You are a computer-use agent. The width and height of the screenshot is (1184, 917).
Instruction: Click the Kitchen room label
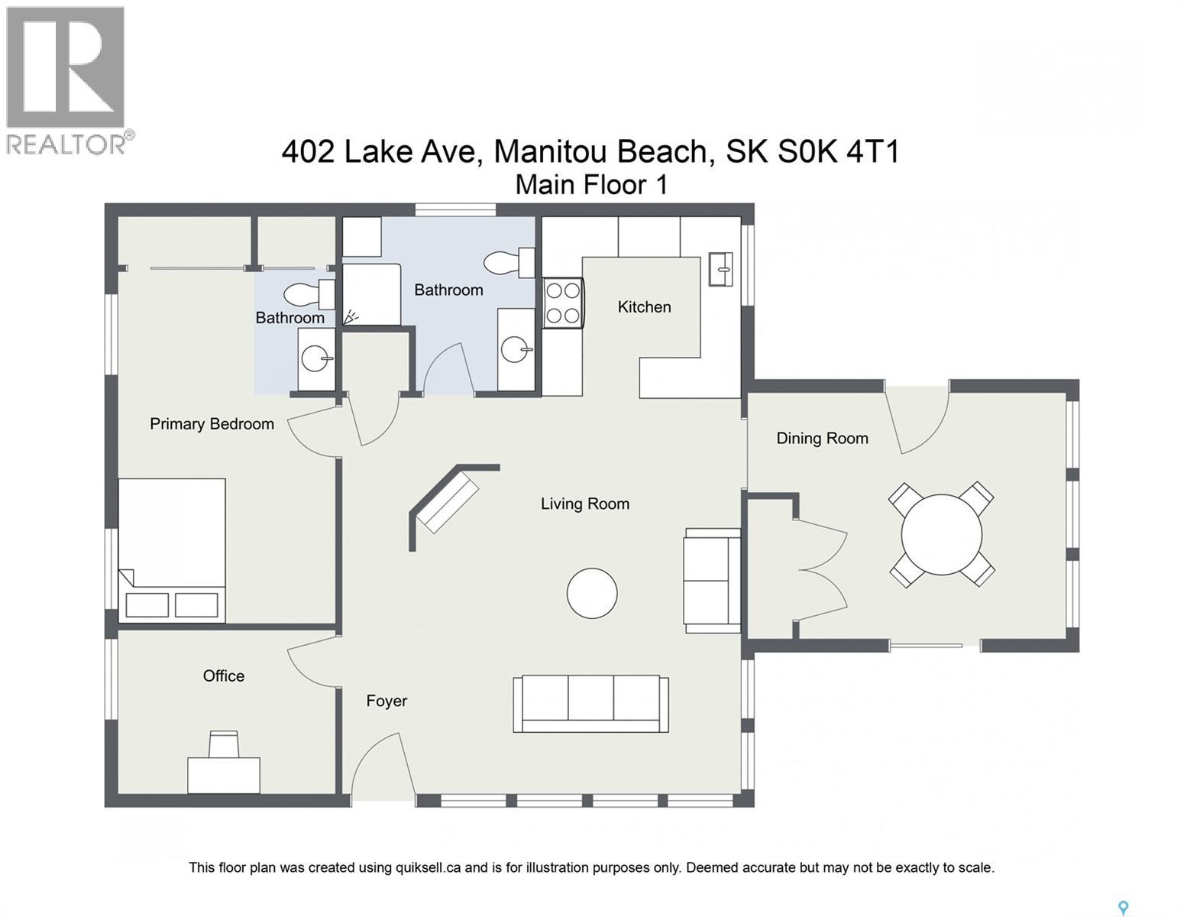click(x=644, y=306)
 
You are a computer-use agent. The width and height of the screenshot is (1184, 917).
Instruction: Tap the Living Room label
click(x=584, y=504)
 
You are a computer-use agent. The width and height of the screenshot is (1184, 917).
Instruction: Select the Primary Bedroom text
click(x=212, y=424)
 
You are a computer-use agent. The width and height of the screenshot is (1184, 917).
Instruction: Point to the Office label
click(x=223, y=676)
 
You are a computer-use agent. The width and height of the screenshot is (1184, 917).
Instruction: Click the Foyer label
click(x=387, y=701)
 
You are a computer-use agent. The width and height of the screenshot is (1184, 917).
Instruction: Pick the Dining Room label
click(x=822, y=438)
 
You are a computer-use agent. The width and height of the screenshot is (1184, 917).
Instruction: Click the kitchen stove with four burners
click(x=563, y=303)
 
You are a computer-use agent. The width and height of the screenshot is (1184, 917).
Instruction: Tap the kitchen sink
click(x=720, y=269)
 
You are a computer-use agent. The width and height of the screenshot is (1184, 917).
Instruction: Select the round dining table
click(x=942, y=534)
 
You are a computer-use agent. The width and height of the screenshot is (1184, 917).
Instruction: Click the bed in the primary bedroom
click(x=172, y=550)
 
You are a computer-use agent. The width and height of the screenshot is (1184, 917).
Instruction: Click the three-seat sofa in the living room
click(x=590, y=704)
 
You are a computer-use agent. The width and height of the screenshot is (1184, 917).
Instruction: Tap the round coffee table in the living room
click(x=592, y=593)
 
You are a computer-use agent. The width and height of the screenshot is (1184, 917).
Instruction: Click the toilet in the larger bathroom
click(x=509, y=263)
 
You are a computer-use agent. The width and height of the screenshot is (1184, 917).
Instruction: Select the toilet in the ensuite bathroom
click(x=309, y=294)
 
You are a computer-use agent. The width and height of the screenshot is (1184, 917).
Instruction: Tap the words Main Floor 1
click(x=591, y=184)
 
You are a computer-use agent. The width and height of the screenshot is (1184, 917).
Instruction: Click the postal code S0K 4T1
click(x=838, y=151)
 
